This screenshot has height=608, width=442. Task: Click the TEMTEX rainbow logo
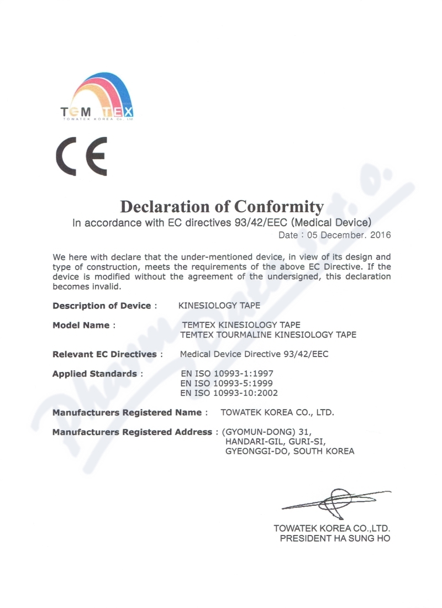coord(97,97)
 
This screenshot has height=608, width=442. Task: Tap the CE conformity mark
coord(81,156)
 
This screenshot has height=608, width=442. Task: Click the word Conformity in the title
coord(279,207)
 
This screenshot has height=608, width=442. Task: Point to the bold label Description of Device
coord(102,306)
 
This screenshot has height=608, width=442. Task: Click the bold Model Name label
coord(81,325)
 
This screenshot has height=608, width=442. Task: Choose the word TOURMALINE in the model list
coord(246,334)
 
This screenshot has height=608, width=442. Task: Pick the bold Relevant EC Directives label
coord(104,354)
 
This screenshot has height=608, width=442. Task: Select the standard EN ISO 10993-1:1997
coord(227,374)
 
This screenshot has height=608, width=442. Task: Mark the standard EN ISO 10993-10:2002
coord(229,393)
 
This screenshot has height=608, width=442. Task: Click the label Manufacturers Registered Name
coord(127,412)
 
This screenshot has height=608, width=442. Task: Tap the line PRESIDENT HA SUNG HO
coord(335,538)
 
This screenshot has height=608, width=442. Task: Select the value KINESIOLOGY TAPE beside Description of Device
coord(219,306)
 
